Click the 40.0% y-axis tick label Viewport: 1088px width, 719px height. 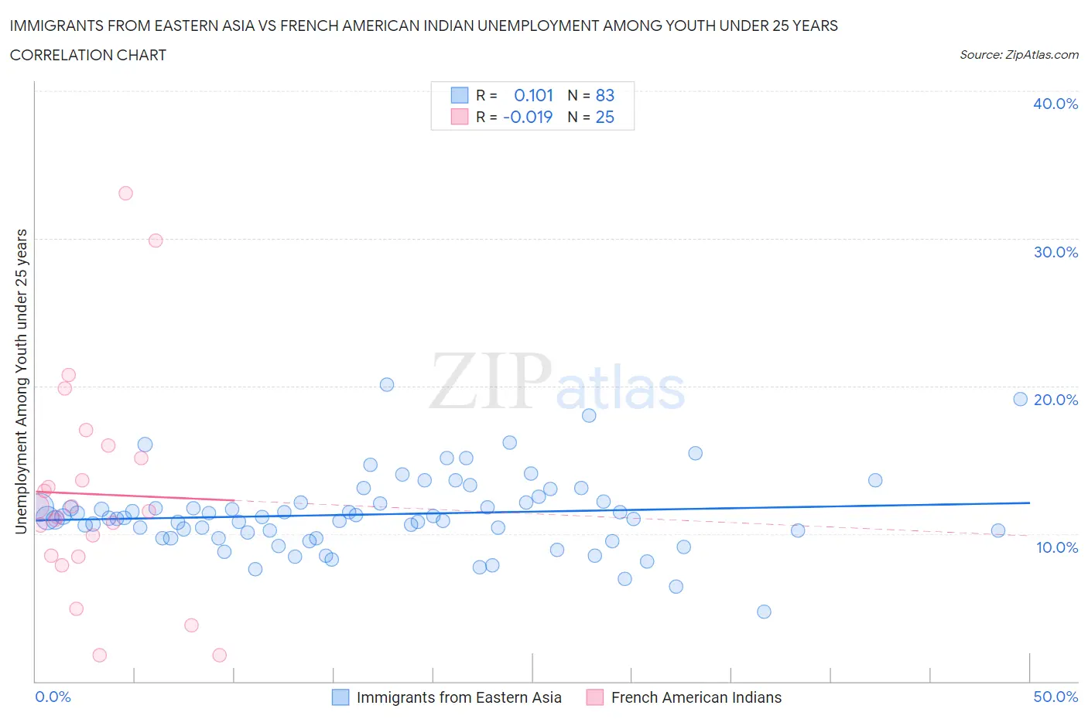click(1055, 104)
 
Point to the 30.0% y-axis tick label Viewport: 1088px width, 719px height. click(1055, 252)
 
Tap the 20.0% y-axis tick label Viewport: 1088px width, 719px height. click(1055, 400)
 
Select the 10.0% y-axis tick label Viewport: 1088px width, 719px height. click(1055, 547)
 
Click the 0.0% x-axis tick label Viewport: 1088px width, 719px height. click(53, 697)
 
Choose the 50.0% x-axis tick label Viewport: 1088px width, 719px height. click(1055, 697)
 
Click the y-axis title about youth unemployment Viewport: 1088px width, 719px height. click(21, 381)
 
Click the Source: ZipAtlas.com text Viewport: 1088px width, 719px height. click(1018, 55)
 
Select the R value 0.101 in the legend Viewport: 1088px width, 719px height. click(533, 95)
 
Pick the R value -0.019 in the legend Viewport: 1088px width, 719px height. click(528, 117)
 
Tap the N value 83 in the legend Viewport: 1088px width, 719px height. click(604, 95)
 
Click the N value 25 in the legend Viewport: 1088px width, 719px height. click(604, 117)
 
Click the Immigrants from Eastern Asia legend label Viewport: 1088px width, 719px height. click(459, 697)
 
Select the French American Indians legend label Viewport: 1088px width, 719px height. click(696, 697)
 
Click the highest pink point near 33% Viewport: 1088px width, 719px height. click(125, 193)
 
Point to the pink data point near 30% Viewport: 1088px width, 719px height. click(156, 240)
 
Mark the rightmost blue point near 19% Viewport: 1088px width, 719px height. click(1020, 399)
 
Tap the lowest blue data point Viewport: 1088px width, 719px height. click(764, 612)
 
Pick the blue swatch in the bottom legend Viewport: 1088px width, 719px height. click(340, 697)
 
